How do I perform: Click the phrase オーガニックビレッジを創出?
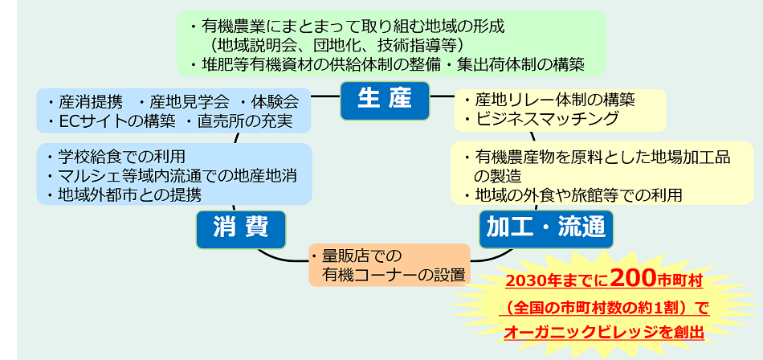tap(604, 332)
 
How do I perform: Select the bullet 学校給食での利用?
tap(120, 157)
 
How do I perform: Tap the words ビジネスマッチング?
tap(546, 119)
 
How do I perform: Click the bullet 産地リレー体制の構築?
tap(554, 100)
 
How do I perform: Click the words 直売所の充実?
tap(244, 121)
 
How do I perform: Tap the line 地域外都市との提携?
tap(129, 194)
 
